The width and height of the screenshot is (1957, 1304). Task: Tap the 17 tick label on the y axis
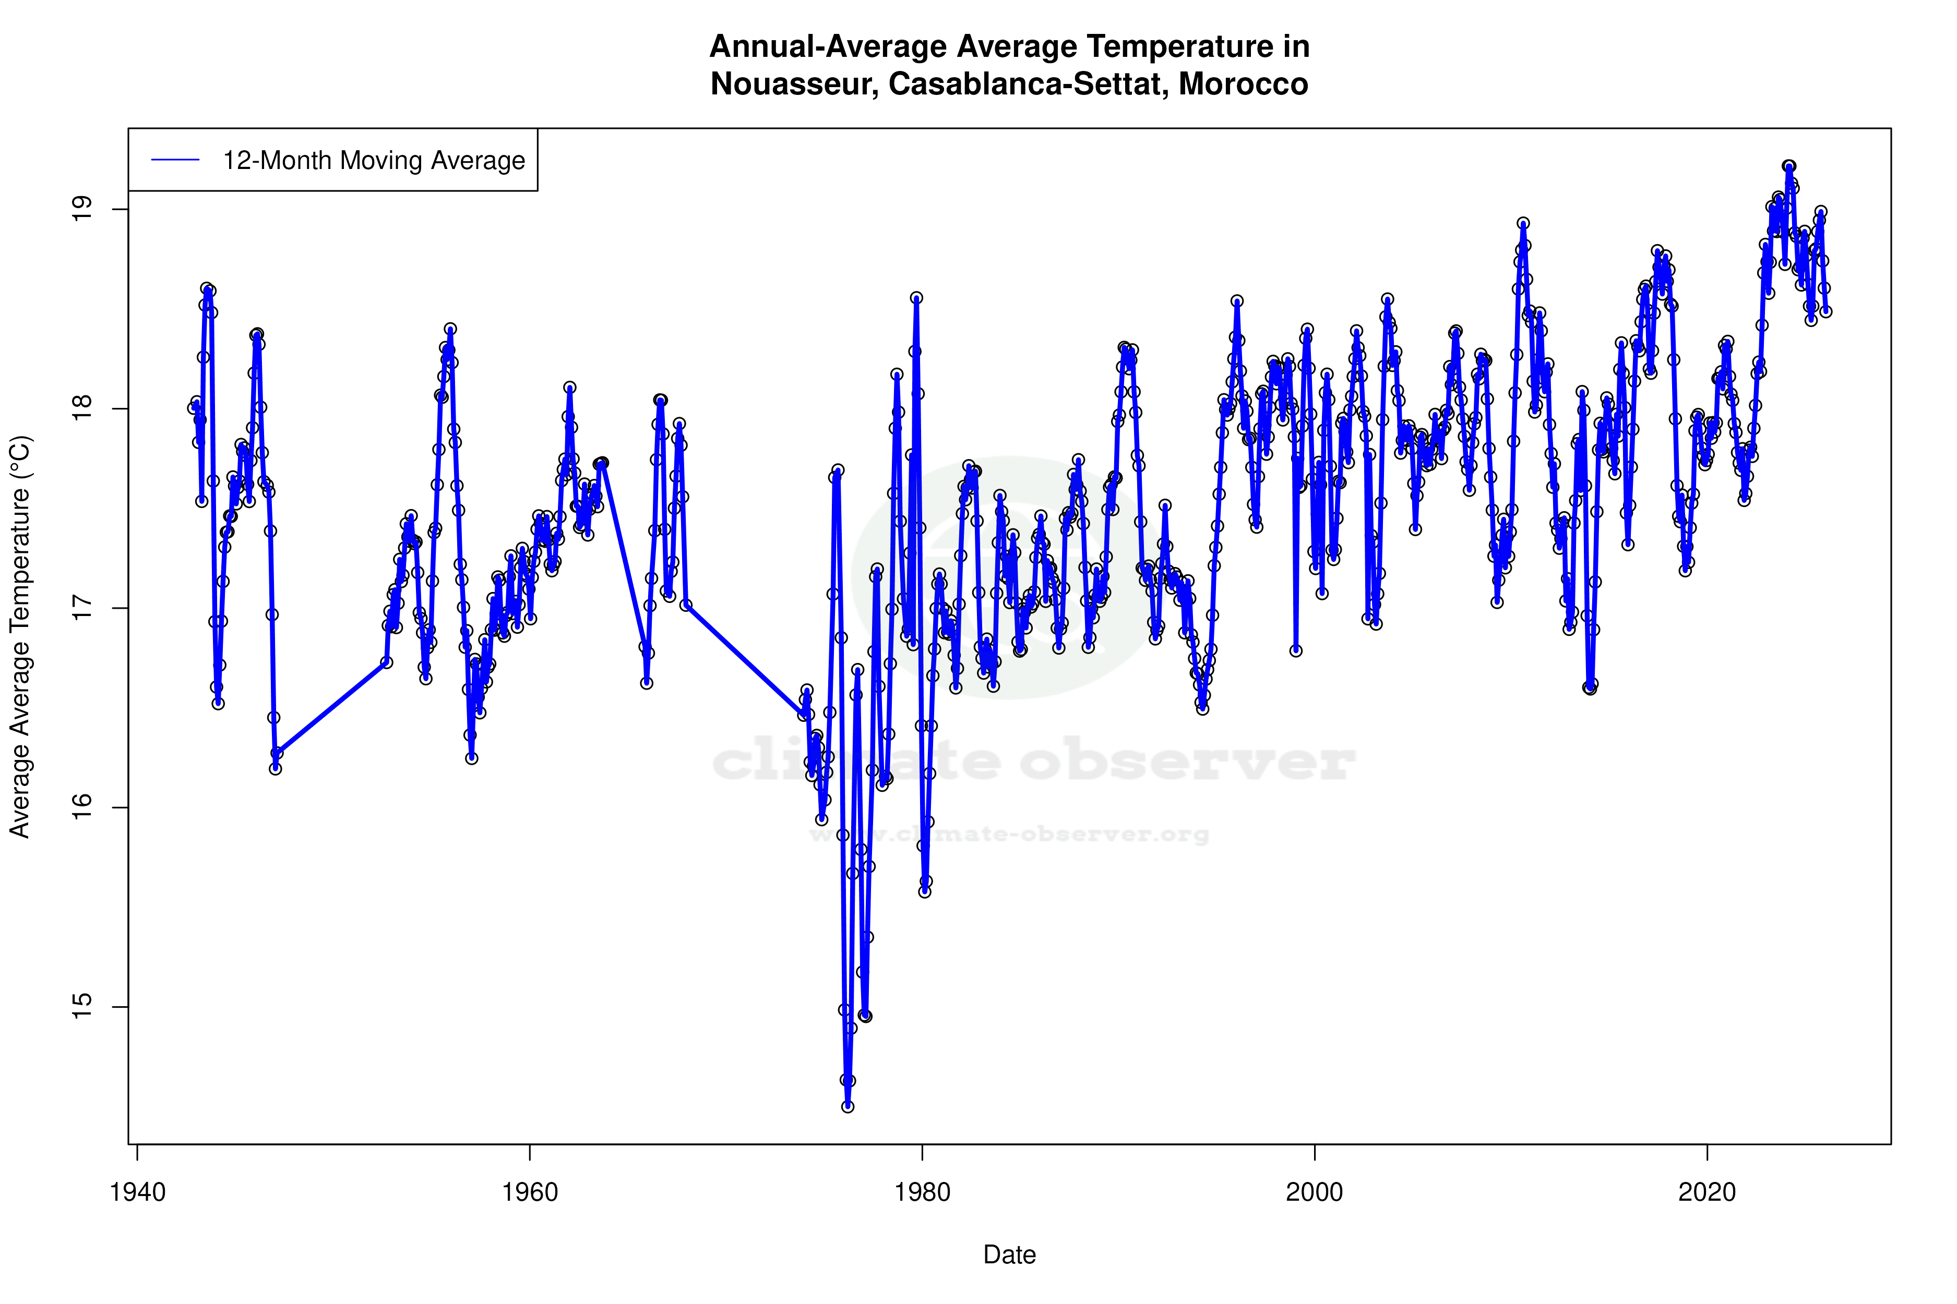[x=82, y=608]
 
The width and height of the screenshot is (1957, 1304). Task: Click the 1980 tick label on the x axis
[x=922, y=1192]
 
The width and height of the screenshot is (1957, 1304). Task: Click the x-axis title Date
[x=1009, y=1255]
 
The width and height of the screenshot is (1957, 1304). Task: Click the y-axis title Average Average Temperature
[x=20, y=636]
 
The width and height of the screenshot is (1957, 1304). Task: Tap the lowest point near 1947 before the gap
[x=276, y=768]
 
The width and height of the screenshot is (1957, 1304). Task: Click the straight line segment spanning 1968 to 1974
[x=745, y=659]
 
